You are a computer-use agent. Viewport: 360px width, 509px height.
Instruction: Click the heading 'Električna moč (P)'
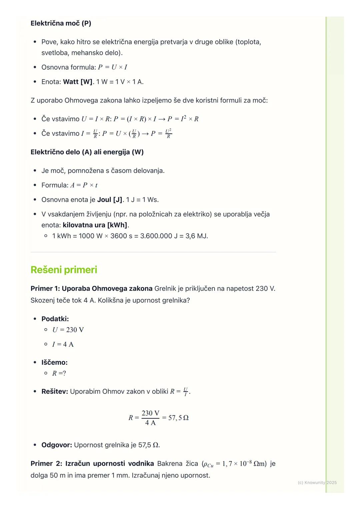(61, 23)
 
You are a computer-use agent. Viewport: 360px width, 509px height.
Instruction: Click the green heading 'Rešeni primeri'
(64, 270)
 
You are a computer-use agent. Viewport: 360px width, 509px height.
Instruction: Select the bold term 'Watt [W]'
(78, 82)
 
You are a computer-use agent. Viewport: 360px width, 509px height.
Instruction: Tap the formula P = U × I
(112, 67)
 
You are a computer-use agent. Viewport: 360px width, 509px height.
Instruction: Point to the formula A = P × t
(84, 185)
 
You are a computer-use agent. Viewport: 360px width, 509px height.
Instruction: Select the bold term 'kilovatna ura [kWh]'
(95, 225)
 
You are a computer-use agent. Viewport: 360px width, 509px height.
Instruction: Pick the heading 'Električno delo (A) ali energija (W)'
(87, 152)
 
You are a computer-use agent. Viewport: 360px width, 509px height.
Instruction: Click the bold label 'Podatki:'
(55, 319)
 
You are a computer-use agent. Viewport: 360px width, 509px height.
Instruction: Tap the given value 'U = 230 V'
(68, 330)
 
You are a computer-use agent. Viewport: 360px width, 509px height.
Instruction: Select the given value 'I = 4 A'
(63, 344)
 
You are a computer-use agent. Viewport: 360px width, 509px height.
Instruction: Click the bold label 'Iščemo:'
(54, 362)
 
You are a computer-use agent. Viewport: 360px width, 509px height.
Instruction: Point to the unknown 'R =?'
(59, 373)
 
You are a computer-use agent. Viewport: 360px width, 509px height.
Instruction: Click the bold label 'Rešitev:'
(55, 392)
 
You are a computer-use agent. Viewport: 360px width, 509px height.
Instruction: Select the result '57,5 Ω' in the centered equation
(178, 418)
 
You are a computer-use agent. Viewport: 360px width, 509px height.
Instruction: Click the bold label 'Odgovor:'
(57, 445)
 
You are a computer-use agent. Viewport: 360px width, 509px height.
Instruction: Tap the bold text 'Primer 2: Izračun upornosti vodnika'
(92, 464)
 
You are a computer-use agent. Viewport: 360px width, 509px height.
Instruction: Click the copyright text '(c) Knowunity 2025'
(317, 483)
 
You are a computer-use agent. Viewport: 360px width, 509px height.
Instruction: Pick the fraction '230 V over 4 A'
(150, 418)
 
